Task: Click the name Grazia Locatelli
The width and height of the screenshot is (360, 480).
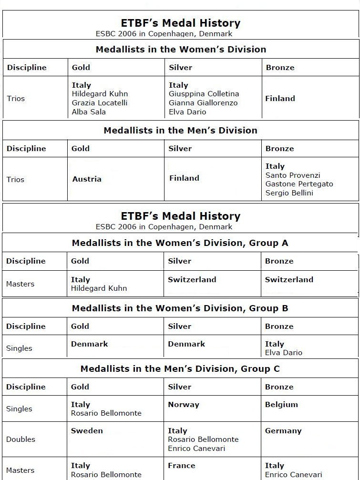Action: click(x=100, y=103)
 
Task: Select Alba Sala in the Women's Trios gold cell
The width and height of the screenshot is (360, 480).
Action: click(x=89, y=112)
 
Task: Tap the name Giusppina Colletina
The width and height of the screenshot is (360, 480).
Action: click(x=204, y=94)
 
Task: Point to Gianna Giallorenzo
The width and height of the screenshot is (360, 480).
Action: click(x=203, y=103)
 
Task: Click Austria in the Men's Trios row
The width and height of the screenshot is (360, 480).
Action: click(x=87, y=179)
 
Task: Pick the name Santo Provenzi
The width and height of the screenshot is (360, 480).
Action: click(x=293, y=175)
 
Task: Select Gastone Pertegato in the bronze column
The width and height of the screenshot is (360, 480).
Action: click(x=299, y=184)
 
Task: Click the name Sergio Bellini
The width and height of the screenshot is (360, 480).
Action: click(x=289, y=193)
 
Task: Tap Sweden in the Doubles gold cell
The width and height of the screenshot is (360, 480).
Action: click(x=87, y=431)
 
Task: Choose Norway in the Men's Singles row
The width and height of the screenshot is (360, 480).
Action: click(x=183, y=405)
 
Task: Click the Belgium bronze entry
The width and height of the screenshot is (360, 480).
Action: click(x=281, y=405)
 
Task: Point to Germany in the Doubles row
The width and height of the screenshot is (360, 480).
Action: click(x=283, y=431)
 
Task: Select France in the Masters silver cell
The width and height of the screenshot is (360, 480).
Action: click(x=181, y=466)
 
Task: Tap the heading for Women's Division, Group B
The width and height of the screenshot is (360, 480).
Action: click(x=180, y=308)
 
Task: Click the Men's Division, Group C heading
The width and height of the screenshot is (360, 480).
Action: click(x=180, y=369)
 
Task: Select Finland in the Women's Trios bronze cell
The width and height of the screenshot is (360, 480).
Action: click(x=280, y=99)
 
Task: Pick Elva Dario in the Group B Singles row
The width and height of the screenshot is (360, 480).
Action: click(x=283, y=353)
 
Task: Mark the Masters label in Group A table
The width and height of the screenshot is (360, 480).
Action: click(x=20, y=284)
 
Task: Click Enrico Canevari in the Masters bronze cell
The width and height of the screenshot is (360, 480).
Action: click(x=293, y=475)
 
